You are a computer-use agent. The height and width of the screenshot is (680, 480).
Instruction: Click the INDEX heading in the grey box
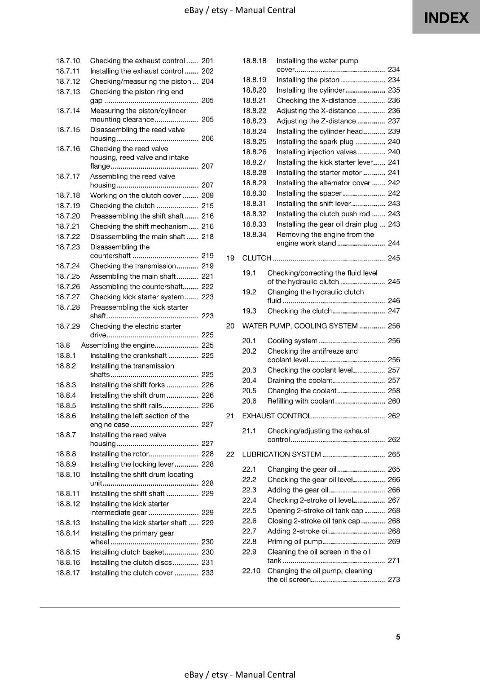tap(446, 18)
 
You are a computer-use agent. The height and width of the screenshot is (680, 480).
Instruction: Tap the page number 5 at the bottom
tap(398, 637)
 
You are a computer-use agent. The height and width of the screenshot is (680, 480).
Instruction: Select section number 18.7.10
tap(68, 61)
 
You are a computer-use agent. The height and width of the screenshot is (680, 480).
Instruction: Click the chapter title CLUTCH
tap(257, 258)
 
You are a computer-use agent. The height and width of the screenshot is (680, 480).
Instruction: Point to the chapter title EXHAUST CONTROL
tap(277, 416)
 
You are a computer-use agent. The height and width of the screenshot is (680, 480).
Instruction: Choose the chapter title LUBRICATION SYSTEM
tap(281, 454)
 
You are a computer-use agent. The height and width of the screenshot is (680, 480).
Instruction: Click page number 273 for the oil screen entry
tap(394, 579)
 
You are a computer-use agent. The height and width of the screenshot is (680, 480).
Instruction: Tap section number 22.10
tap(251, 571)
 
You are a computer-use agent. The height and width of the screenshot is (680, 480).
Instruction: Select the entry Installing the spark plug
tap(315, 142)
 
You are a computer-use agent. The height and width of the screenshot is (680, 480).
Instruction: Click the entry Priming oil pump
tap(295, 541)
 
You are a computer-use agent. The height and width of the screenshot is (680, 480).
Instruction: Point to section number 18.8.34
tap(254, 234)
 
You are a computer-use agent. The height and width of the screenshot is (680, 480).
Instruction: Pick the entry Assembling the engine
tap(118, 345)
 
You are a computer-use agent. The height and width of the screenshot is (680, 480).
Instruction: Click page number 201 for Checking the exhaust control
tap(207, 61)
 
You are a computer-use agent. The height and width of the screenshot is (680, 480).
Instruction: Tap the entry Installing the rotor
tap(119, 454)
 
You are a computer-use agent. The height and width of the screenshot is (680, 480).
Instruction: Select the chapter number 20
tap(230, 326)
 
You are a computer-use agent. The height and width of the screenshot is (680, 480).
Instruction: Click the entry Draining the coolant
tap(299, 380)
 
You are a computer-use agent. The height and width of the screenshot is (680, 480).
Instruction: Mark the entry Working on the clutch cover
tap(136, 195)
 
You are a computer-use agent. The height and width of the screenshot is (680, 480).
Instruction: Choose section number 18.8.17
tap(68, 572)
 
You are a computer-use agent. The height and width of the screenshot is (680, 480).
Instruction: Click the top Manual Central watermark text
tap(240, 10)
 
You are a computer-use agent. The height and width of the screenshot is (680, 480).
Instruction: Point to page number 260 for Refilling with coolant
tap(394, 401)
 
